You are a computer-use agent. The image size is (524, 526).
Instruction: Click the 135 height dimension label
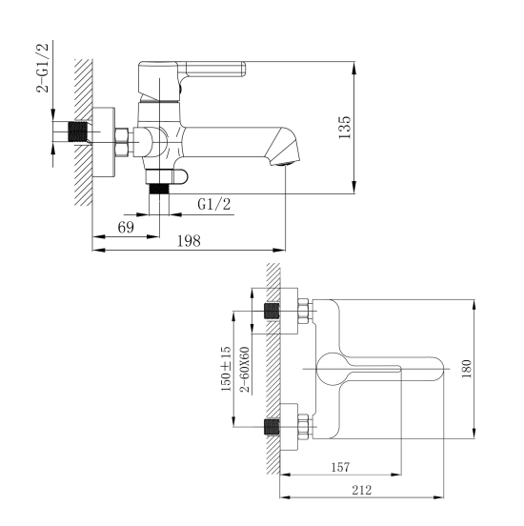tap(345, 128)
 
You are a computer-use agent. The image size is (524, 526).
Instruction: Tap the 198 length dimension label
tap(189, 241)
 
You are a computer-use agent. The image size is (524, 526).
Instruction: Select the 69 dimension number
tap(126, 228)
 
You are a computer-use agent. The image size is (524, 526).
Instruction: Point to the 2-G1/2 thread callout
tap(43, 68)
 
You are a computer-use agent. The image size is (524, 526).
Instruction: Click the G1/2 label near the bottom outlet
tap(214, 204)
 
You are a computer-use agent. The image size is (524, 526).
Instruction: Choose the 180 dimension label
tap(466, 369)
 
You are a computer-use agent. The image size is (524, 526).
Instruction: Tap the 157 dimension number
tap(340, 467)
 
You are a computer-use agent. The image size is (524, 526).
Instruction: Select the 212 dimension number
tap(362, 490)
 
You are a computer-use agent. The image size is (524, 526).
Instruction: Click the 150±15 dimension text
tap(226, 369)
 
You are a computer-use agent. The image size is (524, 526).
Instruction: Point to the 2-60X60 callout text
tap(245, 370)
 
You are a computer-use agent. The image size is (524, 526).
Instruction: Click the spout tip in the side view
tap(286, 160)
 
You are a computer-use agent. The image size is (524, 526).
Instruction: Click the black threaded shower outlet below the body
tap(159, 189)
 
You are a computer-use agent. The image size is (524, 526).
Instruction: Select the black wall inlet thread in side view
tap(78, 131)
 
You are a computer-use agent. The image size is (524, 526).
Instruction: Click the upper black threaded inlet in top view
tap(272, 311)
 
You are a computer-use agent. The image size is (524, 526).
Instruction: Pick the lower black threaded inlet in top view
tap(272, 427)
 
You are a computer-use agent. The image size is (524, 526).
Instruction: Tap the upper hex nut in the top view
tap(303, 311)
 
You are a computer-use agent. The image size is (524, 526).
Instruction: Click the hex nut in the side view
tap(121, 142)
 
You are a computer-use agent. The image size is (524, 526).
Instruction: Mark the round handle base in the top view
tap(332, 369)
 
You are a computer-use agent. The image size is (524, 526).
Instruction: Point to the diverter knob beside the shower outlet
tap(180, 177)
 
